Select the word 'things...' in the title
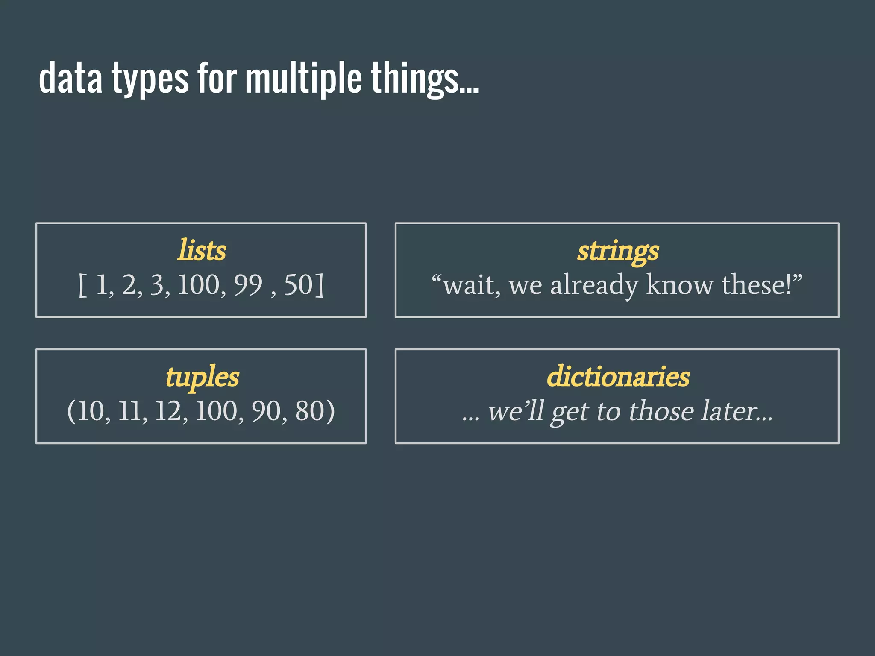pos(424,79)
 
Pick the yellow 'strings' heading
pos(618,251)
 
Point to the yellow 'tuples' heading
pos(202,378)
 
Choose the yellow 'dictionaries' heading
pos(618,377)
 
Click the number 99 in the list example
pos(248,285)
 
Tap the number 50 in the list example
pos(298,285)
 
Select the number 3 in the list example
pos(157,285)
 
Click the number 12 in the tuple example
pos(168,411)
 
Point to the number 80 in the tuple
pos(309,411)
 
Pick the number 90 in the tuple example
pos(265,411)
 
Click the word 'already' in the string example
pos(593,285)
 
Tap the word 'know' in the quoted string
pos(680,285)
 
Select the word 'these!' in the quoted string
pos(757,285)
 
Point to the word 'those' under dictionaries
pos(661,411)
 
